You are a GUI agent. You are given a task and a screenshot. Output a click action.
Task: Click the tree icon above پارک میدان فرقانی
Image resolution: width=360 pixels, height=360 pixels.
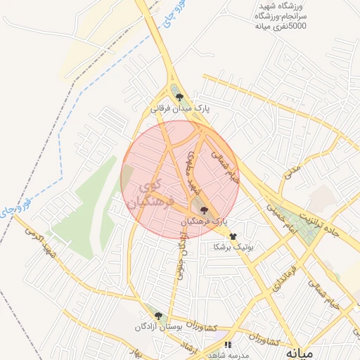pos(179,98)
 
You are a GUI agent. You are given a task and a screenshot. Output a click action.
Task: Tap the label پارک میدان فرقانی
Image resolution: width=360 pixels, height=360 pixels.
pos(180,109)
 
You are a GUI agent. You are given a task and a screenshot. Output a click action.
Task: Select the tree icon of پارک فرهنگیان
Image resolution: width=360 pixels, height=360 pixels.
pos(204,210)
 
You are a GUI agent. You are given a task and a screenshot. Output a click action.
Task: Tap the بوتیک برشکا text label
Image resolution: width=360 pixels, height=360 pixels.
pos(233,247)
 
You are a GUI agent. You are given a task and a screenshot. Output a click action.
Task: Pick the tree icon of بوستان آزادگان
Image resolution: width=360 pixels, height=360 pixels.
pos(158,316)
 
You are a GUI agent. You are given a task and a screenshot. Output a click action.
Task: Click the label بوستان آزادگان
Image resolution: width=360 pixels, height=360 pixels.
pos(159,328)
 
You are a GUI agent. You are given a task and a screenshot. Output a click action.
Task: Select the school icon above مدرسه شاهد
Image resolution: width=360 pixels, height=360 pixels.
pos(227,345)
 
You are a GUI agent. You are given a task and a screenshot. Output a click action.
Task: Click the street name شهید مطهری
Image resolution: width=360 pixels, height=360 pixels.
pos(194,171)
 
